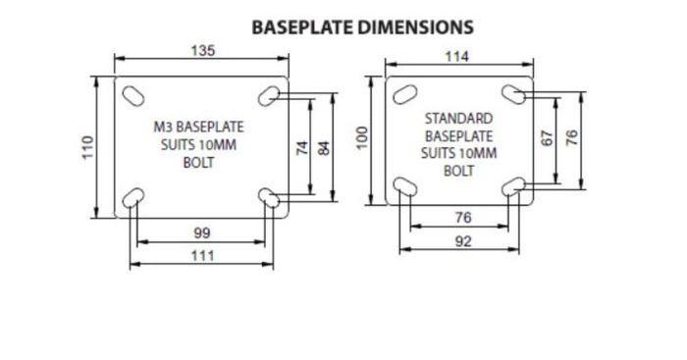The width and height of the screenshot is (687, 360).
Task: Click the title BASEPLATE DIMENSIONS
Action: coord(363,27)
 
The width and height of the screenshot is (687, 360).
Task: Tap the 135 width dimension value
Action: coord(203,51)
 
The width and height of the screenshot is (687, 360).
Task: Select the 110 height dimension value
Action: coord(88,147)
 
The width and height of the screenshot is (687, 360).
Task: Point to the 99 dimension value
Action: coord(202,233)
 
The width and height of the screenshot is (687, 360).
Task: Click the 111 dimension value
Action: coord(203,255)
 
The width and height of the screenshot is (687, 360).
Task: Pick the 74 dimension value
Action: coord(302,147)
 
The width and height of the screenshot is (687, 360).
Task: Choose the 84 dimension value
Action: coord(324,147)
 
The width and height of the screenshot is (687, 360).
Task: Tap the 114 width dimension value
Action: coord(457,57)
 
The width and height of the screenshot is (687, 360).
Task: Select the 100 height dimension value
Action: coord(362,138)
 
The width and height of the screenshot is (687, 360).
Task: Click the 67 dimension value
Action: coord(548,138)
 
